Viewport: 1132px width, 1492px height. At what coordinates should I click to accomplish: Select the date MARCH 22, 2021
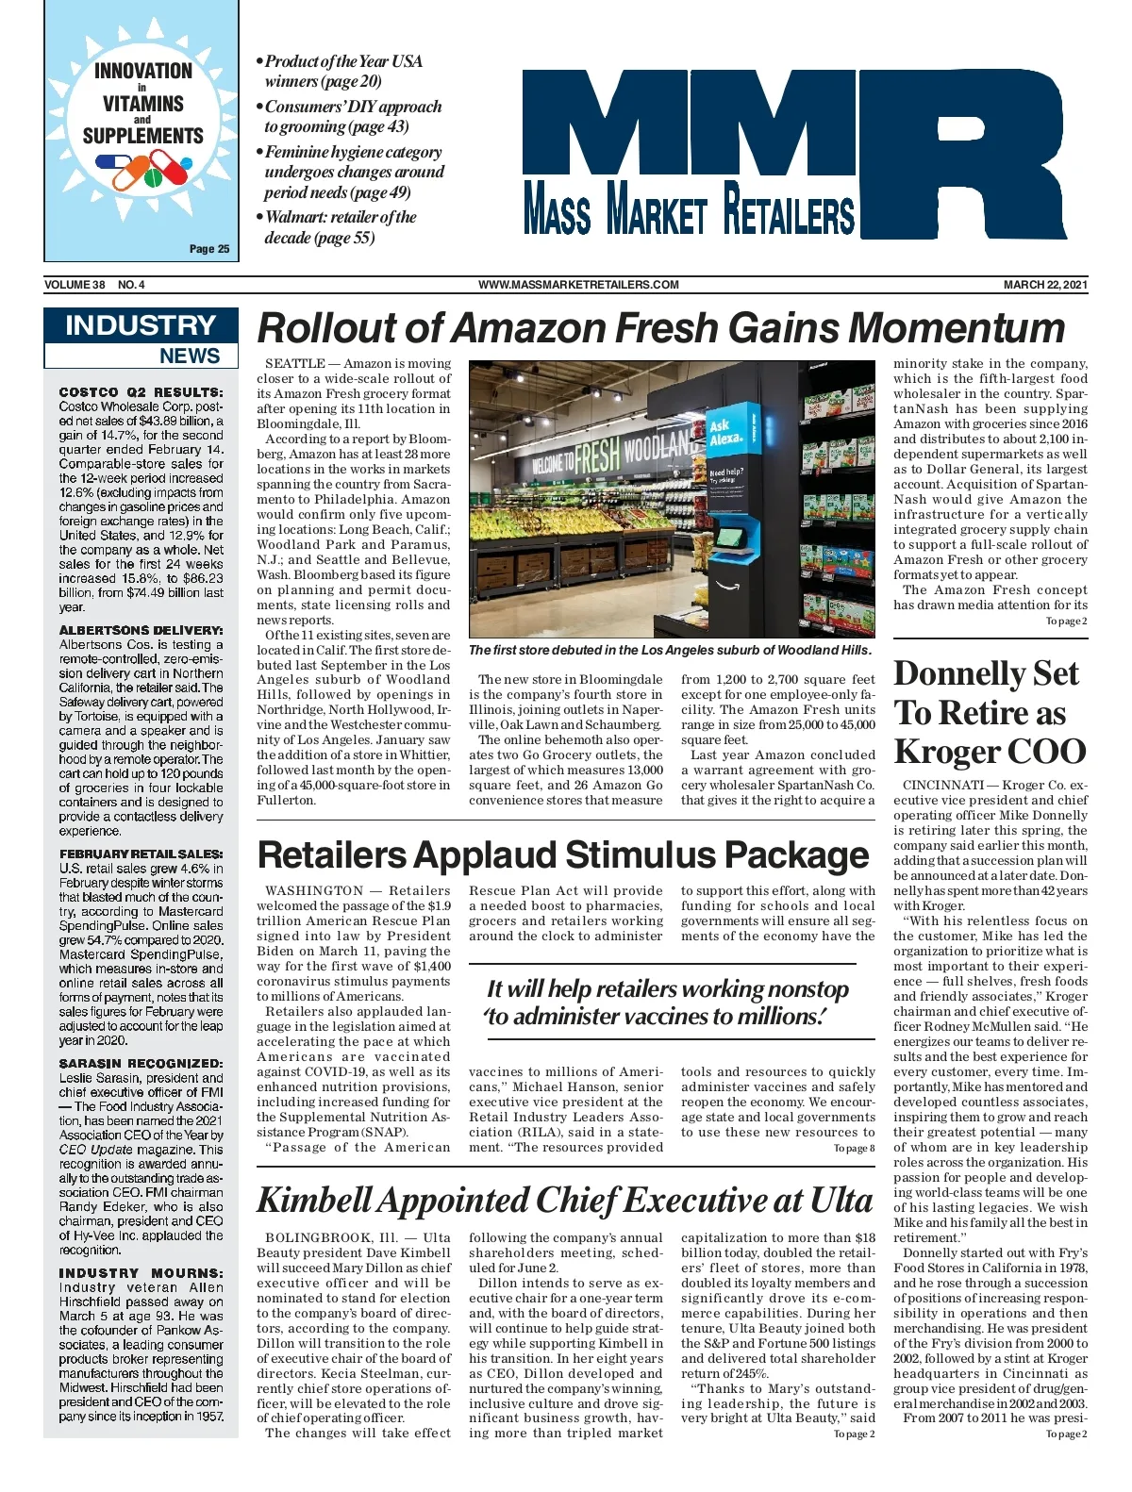point(1045,285)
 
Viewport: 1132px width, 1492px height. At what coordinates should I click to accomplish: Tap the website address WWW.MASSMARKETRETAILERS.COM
point(578,285)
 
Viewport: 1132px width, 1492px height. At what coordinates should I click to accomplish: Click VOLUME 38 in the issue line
point(75,285)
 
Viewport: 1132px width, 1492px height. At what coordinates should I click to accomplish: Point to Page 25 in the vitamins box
point(208,249)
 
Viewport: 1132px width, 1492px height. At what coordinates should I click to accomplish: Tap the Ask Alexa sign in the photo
point(724,433)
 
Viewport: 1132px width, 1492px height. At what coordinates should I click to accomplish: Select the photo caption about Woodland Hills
point(670,650)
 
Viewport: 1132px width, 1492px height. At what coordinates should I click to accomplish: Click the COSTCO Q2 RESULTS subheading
point(141,392)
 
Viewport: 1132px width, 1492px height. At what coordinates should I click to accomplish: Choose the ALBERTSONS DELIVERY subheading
point(141,630)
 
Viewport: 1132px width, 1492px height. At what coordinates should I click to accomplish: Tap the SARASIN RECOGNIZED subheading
point(141,1063)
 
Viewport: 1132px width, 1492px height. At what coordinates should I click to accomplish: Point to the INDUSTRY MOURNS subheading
point(141,1272)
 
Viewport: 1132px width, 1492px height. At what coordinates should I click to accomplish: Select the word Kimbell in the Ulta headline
point(316,1201)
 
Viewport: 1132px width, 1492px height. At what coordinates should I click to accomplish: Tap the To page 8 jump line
point(854,1149)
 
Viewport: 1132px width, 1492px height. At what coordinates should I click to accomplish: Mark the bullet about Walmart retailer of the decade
point(340,227)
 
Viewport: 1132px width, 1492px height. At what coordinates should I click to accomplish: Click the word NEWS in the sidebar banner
point(190,356)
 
